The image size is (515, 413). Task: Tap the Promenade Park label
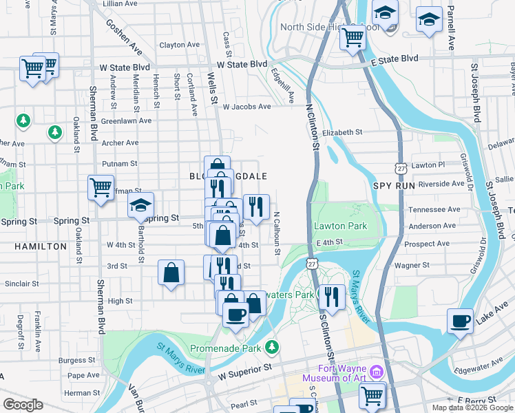[x=224, y=348]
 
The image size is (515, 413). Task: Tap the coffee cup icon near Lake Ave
[x=460, y=320]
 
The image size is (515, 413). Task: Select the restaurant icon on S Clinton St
[x=332, y=297]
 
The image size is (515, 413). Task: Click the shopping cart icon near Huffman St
[x=101, y=187]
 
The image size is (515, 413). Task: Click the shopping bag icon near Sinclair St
[x=171, y=272]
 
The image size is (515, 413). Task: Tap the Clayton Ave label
[x=172, y=45]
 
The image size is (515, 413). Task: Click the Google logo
[x=23, y=405]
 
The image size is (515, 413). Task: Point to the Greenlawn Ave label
[x=126, y=120]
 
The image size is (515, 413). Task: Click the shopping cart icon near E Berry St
[x=372, y=395]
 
